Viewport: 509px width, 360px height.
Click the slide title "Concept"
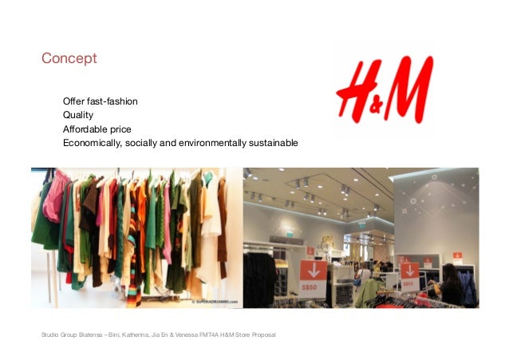[69, 58]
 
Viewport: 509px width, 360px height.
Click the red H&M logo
[384, 89]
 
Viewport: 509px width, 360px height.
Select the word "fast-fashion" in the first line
[112, 101]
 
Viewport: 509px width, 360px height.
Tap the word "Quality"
[78, 115]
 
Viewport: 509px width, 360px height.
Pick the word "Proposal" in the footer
[262, 334]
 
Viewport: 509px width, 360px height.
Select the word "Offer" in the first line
[74, 101]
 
